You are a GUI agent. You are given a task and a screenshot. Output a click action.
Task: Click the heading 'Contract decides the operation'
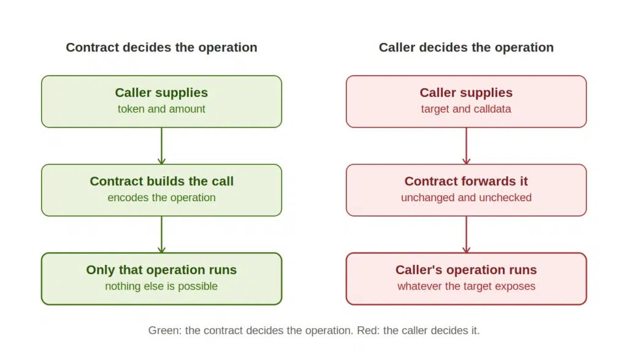tap(161, 47)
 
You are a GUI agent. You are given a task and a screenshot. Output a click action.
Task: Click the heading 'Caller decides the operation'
tap(466, 47)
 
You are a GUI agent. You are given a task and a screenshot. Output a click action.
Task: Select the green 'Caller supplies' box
tap(161, 102)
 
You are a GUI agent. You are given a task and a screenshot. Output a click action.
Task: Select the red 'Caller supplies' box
tap(466, 102)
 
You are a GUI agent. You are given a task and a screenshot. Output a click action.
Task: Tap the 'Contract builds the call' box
tap(161, 190)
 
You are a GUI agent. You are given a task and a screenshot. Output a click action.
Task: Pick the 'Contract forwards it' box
tap(466, 190)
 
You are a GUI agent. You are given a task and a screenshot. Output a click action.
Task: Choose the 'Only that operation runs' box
tap(161, 278)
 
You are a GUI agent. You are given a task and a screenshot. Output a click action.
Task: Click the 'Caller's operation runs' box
tap(466, 278)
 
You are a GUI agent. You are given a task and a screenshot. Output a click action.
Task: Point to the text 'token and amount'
tap(161, 109)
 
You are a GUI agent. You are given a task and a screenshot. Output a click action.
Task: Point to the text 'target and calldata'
tap(466, 109)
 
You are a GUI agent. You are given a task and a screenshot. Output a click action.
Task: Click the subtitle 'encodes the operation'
tap(161, 197)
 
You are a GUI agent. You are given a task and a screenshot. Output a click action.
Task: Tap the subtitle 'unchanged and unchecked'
tap(466, 197)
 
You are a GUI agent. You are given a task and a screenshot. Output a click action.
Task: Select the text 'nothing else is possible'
tap(161, 286)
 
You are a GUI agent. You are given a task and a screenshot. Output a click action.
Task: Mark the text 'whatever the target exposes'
tap(466, 286)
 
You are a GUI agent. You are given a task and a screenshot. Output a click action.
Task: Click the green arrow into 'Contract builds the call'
tap(161, 146)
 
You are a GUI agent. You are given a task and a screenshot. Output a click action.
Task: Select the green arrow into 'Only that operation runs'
tap(161, 234)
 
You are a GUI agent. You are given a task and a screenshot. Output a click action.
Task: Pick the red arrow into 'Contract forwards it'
tap(466, 146)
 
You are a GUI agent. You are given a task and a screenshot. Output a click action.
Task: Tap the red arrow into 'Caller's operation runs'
tap(466, 234)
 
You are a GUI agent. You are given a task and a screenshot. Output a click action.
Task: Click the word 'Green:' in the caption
tap(164, 331)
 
